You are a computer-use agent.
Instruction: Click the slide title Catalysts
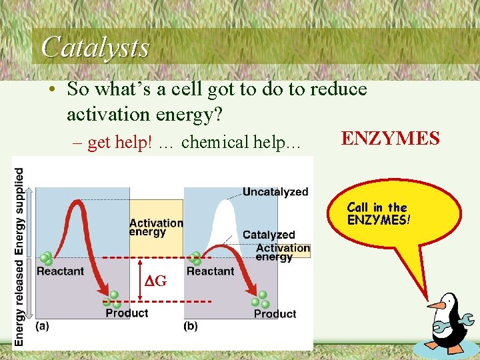coord(95,47)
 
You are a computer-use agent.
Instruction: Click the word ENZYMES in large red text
coord(390,139)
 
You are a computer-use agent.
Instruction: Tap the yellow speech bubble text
coord(377,213)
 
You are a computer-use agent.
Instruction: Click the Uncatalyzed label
coord(275,192)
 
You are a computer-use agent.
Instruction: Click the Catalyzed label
coord(268,235)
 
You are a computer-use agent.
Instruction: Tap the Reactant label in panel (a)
coord(60,271)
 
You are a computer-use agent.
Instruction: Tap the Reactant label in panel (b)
coord(210,271)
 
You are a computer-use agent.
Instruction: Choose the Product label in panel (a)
coord(127,313)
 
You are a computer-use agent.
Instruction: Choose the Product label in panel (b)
coord(275,313)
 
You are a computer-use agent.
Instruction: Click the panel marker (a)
coord(42,326)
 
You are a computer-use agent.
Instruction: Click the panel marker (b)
coord(191,326)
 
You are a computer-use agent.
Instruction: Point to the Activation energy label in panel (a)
coord(156,227)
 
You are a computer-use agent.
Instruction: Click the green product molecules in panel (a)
coord(113,299)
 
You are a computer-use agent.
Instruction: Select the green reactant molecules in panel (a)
coord(46,259)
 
